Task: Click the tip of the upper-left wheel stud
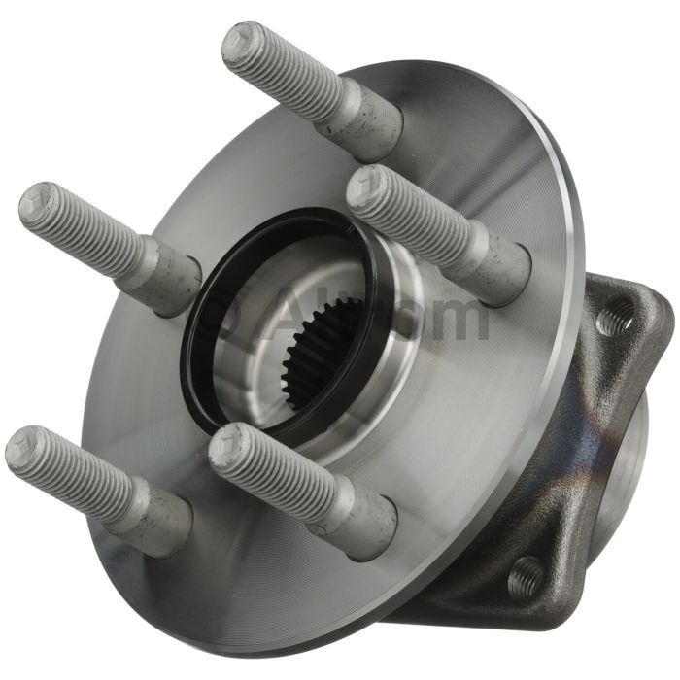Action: point(37,202)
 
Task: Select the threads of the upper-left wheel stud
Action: point(87,228)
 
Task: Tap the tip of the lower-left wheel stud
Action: point(23,448)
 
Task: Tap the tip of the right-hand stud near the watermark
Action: point(366,187)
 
